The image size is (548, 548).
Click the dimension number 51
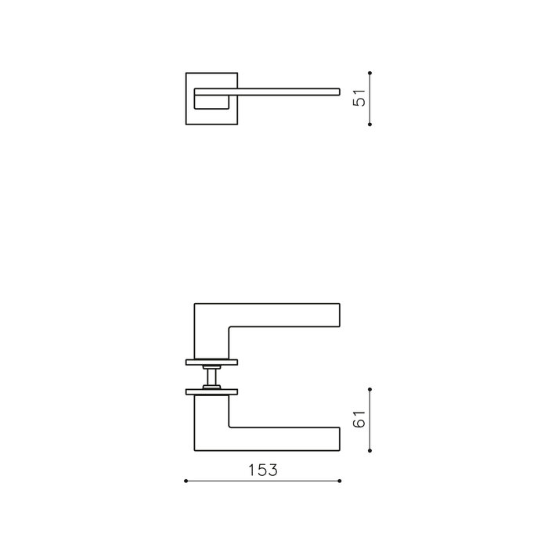tap(361, 98)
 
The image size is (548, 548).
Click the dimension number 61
tap(361, 420)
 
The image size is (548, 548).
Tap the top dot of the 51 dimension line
tap(370, 73)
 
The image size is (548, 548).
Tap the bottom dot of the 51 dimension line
tap(370, 123)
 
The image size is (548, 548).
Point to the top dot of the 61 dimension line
tap(370, 388)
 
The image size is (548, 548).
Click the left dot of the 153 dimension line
tap(185, 481)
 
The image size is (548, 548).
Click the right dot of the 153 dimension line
tap(340, 481)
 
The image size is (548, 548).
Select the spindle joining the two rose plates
tap(211, 376)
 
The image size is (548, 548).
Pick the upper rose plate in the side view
tap(211, 362)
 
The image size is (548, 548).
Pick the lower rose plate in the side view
tap(211, 390)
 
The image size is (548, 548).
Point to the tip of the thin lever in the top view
tap(337, 92)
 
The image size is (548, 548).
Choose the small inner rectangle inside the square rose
tap(211, 99)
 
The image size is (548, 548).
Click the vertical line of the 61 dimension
tap(370, 418)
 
